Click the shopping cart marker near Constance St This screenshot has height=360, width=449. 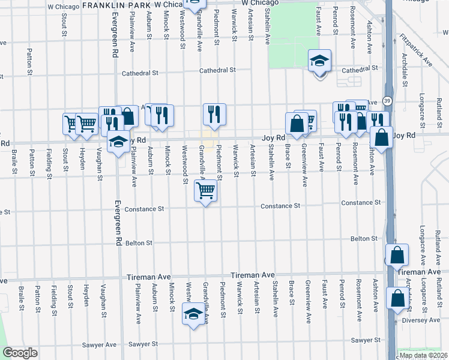(205, 191)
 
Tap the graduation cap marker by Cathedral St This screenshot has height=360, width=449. (320, 61)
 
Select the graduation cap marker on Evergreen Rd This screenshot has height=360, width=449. (118, 143)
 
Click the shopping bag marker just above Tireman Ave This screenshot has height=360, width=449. (397, 256)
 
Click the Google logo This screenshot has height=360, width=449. (20, 353)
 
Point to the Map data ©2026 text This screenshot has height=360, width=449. (423, 355)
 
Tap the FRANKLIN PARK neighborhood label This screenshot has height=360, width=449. (116, 4)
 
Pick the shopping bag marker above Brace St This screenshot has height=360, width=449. (297, 124)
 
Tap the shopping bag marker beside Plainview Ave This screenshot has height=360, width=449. (128, 118)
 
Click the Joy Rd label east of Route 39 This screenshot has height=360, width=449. (403, 136)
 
